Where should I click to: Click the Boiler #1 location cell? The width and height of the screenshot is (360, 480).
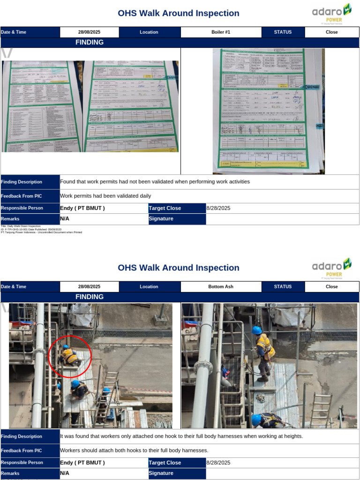coord(221,32)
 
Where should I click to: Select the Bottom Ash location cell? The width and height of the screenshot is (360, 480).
coord(221,287)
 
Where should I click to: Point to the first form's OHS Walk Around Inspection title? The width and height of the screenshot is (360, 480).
coord(179,13)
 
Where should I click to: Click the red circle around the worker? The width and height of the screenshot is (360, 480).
coord(70,357)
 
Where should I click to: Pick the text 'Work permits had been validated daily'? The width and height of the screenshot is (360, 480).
coord(105,196)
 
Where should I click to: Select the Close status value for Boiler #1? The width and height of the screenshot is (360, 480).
coord(332,32)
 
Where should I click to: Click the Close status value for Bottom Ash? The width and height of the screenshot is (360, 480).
coord(332,287)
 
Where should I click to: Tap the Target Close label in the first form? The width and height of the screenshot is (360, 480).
coord(165,208)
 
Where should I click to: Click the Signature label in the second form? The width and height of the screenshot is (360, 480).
coord(161,473)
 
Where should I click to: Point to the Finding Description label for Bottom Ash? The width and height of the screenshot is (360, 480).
coord(22,436)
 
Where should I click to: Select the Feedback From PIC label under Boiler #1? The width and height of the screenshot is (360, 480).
coord(22,196)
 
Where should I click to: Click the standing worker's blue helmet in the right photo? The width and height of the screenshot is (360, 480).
coord(257,330)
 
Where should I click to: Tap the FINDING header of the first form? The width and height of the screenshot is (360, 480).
coord(90,43)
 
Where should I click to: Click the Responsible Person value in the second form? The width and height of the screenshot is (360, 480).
coord(82,463)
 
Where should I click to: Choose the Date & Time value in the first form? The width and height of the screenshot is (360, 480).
coord(89,32)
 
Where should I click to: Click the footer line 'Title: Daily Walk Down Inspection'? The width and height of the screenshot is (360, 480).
coord(21,226)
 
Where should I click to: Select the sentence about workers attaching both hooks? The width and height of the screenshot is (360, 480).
coord(134,450)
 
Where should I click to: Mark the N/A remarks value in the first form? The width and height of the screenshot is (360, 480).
coord(65,218)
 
